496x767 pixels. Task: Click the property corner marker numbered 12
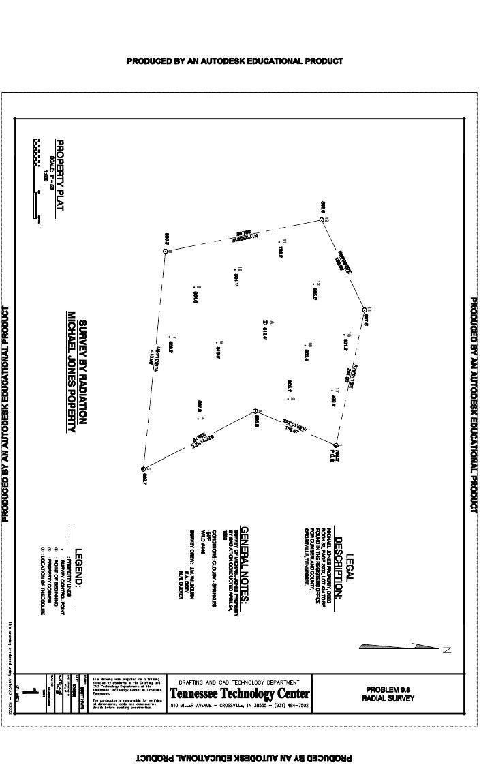pyautogui.click(x=322, y=220)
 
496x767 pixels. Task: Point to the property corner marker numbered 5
pyautogui.click(x=144, y=469)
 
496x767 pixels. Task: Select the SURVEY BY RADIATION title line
pyautogui.click(x=84, y=372)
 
